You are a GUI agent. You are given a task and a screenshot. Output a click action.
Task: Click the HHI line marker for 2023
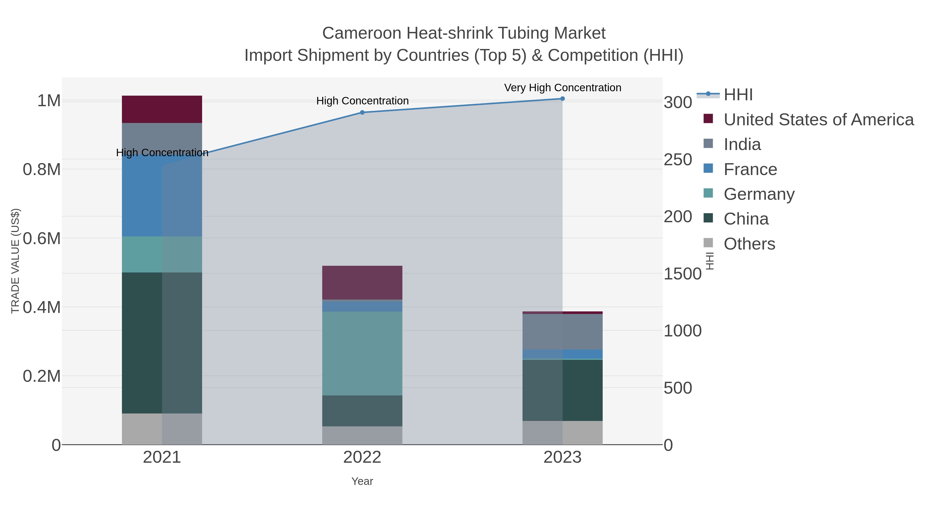(x=562, y=99)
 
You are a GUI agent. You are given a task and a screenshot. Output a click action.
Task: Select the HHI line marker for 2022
(x=362, y=112)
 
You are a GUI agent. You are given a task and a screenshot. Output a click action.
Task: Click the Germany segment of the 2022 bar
(x=362, y=353)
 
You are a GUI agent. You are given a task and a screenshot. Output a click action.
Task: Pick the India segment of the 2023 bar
(x=562, y=332)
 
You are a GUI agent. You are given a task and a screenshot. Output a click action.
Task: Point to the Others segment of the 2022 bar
(x=362, y=435)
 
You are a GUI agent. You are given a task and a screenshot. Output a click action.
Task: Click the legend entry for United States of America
(x=818, y=120)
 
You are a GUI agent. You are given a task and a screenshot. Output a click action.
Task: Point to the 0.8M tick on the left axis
(x=42, y=169)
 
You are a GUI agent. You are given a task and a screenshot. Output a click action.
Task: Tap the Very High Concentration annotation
(x=562, y=88)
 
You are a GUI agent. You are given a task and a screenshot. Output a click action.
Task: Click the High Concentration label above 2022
(x=362, y=101)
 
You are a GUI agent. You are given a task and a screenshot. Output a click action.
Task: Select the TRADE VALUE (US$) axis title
(x=15, y=261)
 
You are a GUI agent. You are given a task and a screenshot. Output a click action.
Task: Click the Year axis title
(x=362, y=481)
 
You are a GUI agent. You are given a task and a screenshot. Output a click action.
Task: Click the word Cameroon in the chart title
(x=361, y=33)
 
